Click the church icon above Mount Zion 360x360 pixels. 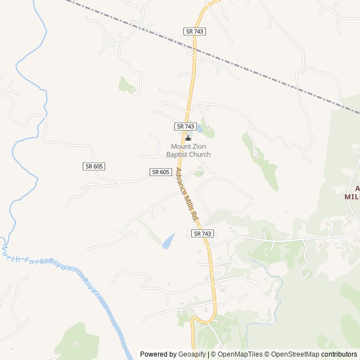pyautogui.click(x=188, y=138)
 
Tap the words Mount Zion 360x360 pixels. pyautogui.click(x=188, y=147)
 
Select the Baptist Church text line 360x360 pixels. pyautogui.click(x=188, y=155)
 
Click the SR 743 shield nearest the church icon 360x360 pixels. pyautogui.click(x=185, y=127)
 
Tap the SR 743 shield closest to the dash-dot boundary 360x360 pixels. pyautogui.click(x=194, y=31)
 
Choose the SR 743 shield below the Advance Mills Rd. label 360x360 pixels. pyautogui.click(x=202, y=233)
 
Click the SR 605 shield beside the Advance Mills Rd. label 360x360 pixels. pyautogui.click(x=160, y=172)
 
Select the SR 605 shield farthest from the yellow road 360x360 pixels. pyautogui.click(x=94, y=166)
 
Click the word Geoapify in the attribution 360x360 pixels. pyautogui.click(x=192, y=354)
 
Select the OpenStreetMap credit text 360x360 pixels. pyautogui.click(x=292, y=354)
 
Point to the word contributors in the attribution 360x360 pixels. pyautogui.click(x=339, y=354)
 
